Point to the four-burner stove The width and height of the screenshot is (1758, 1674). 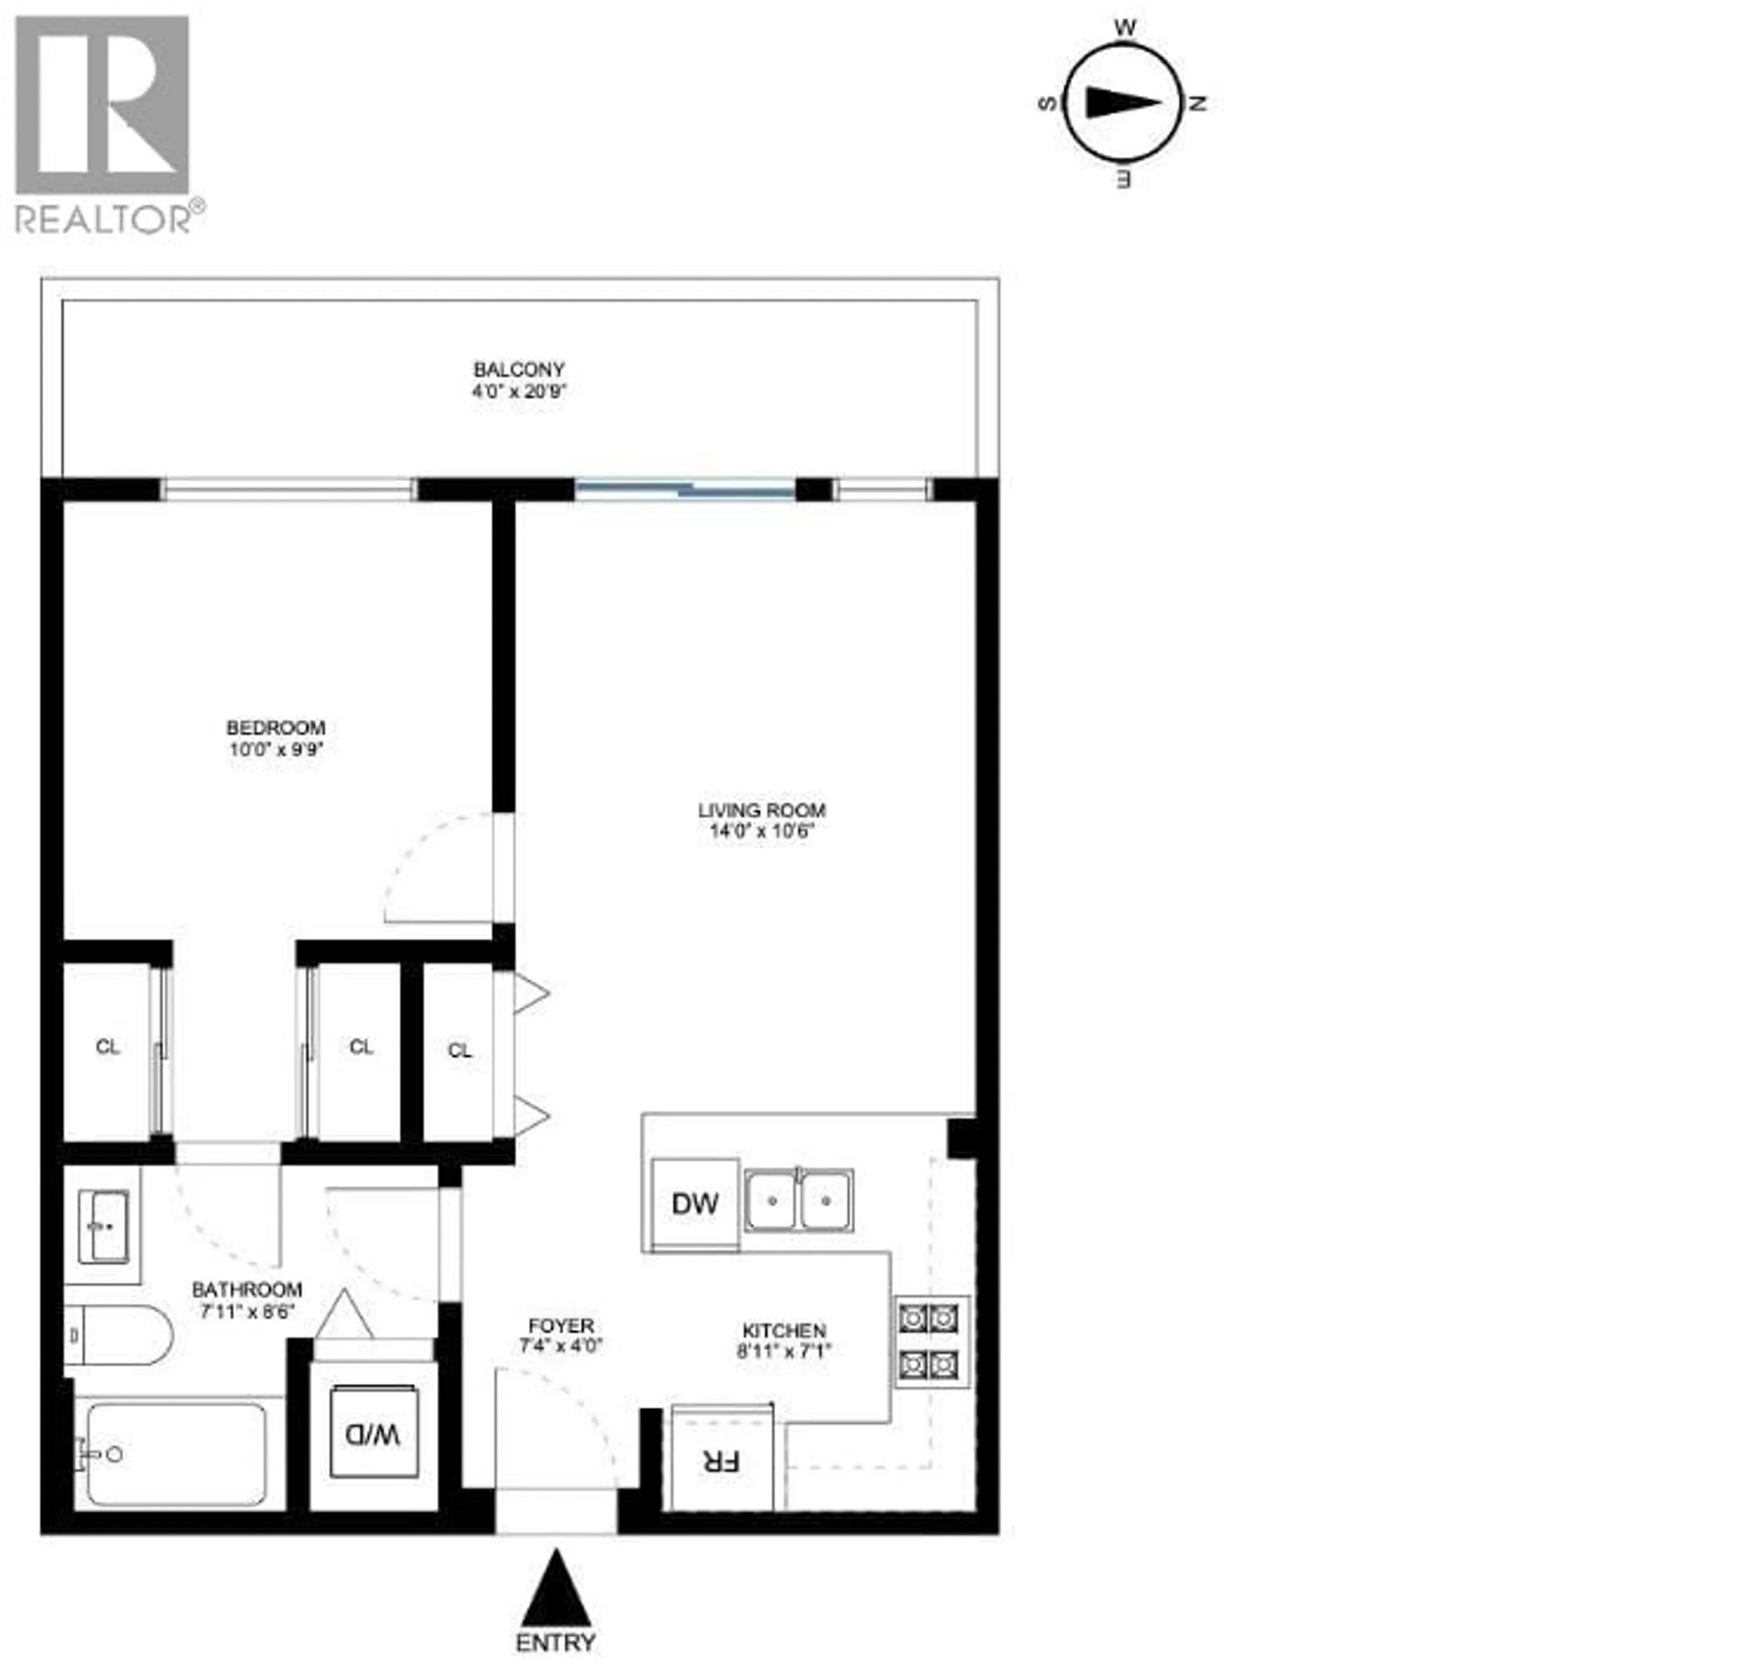pos(931,1341)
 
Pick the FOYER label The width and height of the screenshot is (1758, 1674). pos(560,1326)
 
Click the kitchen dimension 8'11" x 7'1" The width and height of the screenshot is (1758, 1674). pos(783,1351)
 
